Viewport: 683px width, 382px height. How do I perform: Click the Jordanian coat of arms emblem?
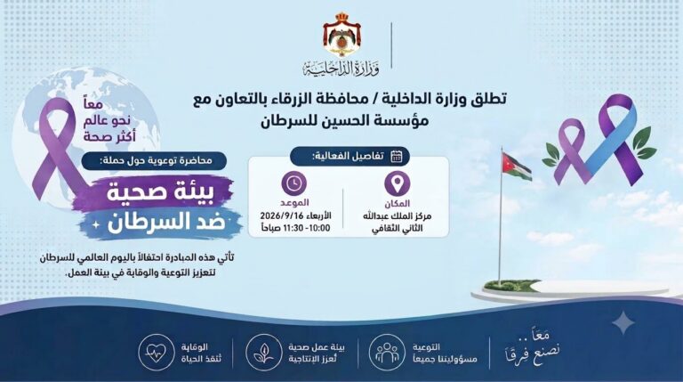pyautogui.click(x=341, y=35)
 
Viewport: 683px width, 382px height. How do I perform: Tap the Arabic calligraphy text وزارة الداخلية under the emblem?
pyautogui.click(x=341, y=69)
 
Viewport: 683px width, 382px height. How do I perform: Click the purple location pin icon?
pyautogui.click(x=397, y=183)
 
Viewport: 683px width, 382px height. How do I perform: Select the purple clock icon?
pyautogui.click(x=294, y=183)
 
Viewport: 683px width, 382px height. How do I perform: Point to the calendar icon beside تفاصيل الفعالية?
pyautogui.click(x=396, y=156)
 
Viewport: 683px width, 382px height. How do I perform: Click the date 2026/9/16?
pyautogui.click(x=278, y=215)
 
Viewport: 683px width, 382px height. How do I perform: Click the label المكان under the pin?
pyautogui.click(x=397, y=204)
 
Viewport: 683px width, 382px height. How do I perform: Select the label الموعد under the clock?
pyautogui.click(x=294, y=203)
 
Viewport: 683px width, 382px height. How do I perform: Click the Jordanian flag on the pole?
pyautogui.click(x=517, y=167)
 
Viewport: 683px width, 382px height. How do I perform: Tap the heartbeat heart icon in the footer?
pyautogui.click(x=156, y=353)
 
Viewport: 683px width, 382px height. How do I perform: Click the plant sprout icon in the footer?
pyautogui.click(x=263, y=353)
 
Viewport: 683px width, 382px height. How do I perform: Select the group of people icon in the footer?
pyautogui.click(x=387, y=353)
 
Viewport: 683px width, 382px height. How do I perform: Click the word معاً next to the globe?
pyautogui.click(x=92, y=105)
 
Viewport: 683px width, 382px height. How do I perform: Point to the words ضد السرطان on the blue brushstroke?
pyautogui.click(x=167, y=222)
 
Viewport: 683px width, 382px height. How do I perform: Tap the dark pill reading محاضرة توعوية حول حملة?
pyautogui.click(x=154, y=161)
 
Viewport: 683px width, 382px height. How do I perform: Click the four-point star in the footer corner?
pyautogui.click(x=623, y=322)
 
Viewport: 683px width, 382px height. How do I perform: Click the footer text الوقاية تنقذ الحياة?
pyautogui.click(x=201, y=353)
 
